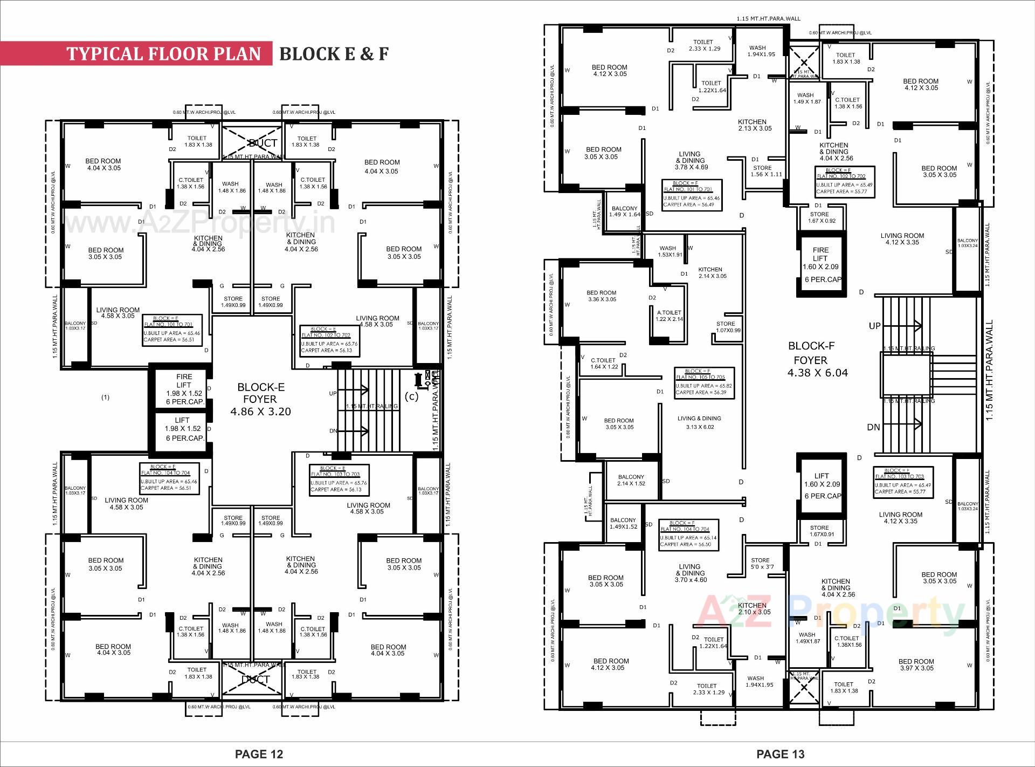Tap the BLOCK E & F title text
pyautogui.click(x=334, y=53)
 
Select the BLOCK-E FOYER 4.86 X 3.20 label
pyautogui.click(x=260, y=399)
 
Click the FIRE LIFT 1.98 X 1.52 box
pyautogui.click(x=184, y=389)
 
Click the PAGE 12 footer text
pyautogui.click(x=259, y=754)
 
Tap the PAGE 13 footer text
pyautogui.click(x=781, y=754)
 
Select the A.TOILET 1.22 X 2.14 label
pyautogui.click(x=669, y=316)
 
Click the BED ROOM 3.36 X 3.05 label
pyautogui.click(x=601, y=296)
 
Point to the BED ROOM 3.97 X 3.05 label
pyautogui.click(x=916, y=665)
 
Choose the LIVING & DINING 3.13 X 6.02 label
pyautogui.click(x=699, y=422)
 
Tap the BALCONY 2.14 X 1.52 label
pyautogui.click(x=631, y=480)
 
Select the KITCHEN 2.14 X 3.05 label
pyautogui.click(x=711, y=272)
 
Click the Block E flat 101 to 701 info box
pyautogui.click(x=172, y=330)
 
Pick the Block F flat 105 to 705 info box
pyautogui.click(x=705, y=382)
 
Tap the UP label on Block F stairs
pyautogui.click(x=874, y=326)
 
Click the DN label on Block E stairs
pyautogui.click(x=333, y=431)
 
